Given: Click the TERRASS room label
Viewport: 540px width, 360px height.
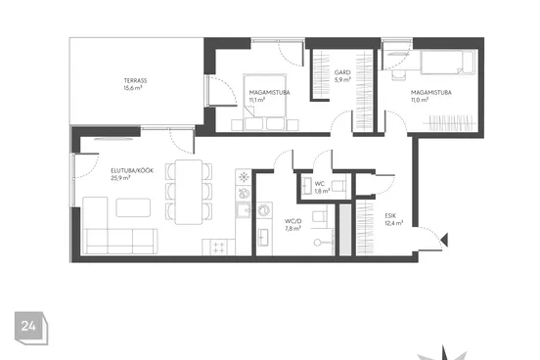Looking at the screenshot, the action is [x=135, y=80].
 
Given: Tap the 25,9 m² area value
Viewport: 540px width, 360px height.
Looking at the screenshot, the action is [x=120, y=178].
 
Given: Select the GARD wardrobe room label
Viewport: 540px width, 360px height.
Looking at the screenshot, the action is [x=342, y=72].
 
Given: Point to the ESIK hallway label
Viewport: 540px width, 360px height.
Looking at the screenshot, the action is [x=390, y=215].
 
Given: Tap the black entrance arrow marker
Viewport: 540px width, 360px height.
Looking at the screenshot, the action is [x=444, y=240].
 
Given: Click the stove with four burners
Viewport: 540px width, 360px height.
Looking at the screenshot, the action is [x=219, y=247].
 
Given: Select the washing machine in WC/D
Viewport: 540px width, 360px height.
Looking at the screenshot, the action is [x=264, y=210].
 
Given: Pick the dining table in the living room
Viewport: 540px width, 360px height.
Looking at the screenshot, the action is [x=189, y=192].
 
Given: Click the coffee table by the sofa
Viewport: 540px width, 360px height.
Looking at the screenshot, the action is [x=133, y=207].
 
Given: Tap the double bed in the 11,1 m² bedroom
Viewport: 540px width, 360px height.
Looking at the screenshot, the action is [x=264, y=102].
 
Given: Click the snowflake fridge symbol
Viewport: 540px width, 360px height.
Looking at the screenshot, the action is [x=244, y=177].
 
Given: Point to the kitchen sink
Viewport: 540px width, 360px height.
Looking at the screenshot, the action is [x=244, y=209].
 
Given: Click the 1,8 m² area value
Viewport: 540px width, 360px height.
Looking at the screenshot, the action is [x=323, y=191].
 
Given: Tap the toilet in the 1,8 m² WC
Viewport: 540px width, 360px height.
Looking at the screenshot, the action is [x=340, y=186].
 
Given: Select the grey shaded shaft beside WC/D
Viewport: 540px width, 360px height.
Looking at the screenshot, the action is [x=345, y=230].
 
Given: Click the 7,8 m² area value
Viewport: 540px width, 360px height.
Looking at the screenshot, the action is [x=293, y=228].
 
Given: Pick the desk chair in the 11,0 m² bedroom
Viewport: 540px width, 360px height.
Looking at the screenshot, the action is [x=399, y=75].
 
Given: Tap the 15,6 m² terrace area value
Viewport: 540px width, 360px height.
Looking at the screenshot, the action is [x=133, y=88].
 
